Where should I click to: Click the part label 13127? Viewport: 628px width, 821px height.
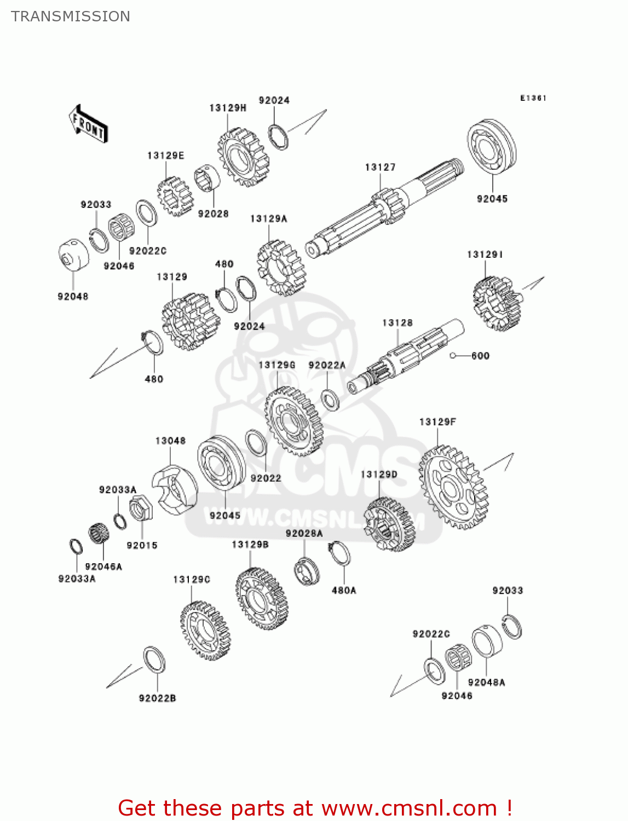point(380,167)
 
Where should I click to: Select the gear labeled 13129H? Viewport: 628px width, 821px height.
point(243,157)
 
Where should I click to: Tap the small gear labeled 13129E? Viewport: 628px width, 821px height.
point(175,196)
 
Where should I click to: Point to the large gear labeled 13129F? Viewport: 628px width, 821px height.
point(453,487)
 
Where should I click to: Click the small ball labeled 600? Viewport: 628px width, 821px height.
point(453,356)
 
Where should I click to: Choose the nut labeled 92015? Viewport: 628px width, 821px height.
point(141,509)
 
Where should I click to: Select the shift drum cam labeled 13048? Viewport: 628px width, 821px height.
point(174,489)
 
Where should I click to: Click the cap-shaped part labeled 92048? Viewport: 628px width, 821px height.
point(73,255)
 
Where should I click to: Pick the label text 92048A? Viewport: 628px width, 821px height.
point(486,683)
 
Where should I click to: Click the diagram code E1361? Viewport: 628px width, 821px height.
point(533,98)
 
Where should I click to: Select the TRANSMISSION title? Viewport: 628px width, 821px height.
point(71,16)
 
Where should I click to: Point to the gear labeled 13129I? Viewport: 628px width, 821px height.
point(496,303)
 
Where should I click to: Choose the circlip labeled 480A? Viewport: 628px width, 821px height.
point(339,554)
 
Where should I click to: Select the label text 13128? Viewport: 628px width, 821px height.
point(397,323)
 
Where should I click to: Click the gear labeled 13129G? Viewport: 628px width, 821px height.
point(293,421)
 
